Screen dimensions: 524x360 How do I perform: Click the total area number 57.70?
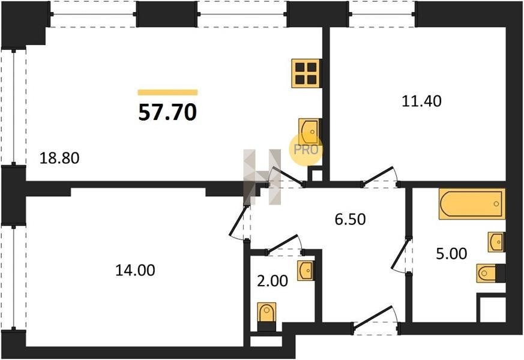167,112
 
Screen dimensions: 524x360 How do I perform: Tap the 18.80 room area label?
59,158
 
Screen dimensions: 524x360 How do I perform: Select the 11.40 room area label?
421,101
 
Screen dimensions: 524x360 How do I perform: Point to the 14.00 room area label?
135,270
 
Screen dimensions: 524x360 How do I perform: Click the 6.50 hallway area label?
350,220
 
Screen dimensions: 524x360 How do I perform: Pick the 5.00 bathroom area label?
451,254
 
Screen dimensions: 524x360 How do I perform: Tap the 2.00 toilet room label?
273,281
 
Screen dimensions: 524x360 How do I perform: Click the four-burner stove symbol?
306,73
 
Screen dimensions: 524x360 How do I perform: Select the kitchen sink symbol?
309,132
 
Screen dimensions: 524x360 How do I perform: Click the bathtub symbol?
472,204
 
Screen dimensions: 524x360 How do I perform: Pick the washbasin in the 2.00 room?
306,270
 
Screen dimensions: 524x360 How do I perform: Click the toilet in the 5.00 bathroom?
490,273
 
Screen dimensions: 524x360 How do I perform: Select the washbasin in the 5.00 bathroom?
496,242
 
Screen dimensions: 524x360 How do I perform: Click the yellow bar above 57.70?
167,92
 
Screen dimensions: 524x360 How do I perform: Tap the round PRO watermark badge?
306,149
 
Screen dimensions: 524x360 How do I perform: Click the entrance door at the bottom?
376,320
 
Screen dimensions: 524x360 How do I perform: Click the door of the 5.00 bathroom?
400,255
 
